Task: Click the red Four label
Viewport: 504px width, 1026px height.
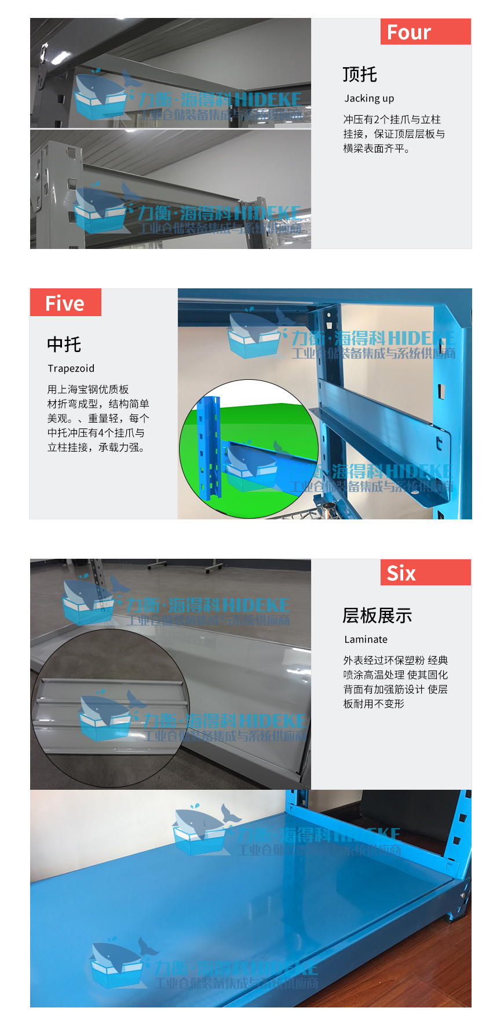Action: click(425, 32)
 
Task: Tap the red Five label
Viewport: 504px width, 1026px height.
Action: click(65, 303)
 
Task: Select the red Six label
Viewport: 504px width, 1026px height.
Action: click(425, 573)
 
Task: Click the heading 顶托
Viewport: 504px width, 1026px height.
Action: click(359, 74)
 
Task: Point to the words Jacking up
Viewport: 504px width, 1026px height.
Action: click(369, 98)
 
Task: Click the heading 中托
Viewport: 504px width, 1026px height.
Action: click(64, 345)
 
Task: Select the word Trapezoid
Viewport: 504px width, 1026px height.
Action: click(71, 369)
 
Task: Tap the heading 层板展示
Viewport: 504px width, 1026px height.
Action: click(377, 615)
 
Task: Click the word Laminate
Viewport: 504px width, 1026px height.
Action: click(366, 640)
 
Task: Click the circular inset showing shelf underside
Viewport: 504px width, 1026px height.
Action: click(110, 709)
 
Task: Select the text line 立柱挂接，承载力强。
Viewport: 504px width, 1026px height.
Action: click(96, 448)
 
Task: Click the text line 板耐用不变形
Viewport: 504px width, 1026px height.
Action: click(374, 704)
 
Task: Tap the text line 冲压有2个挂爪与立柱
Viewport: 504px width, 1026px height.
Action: click(392, 119)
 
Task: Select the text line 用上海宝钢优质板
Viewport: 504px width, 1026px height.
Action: click(88, 390)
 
